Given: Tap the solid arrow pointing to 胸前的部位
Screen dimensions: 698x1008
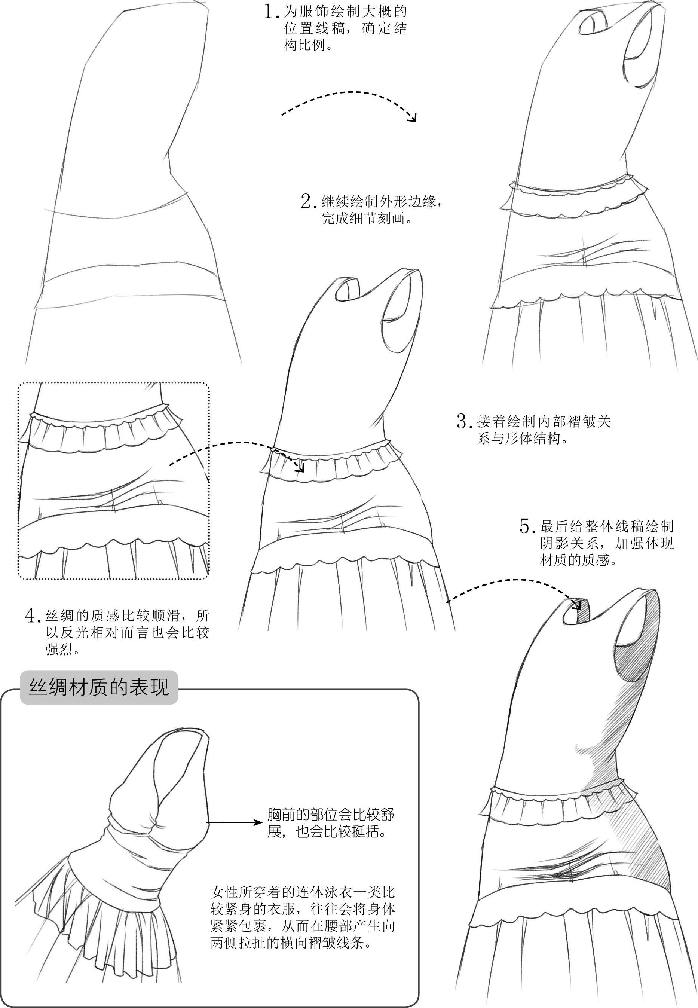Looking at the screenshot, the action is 234,822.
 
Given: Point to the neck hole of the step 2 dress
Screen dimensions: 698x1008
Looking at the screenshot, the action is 348,289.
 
